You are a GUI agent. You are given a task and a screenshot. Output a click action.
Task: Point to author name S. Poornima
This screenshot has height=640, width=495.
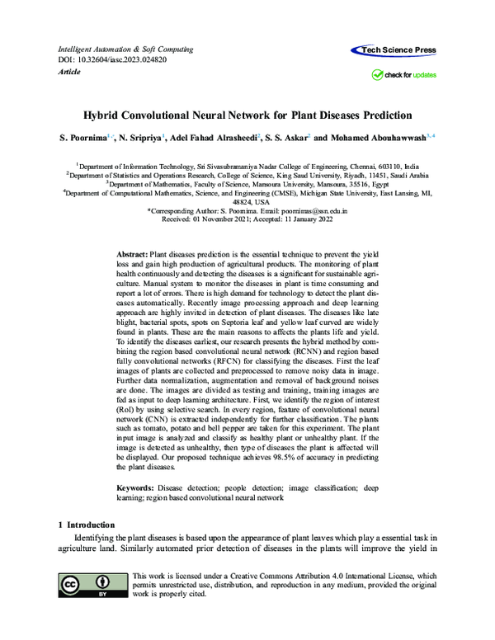coord(82,138)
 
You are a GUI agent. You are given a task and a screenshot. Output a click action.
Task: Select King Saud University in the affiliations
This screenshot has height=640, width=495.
coord(315,175)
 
